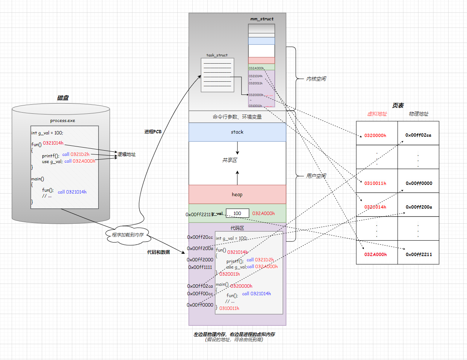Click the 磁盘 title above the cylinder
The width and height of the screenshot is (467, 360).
(63, 98)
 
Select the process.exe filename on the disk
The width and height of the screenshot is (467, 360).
(62, 121)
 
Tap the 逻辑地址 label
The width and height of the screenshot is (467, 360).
(126, 154)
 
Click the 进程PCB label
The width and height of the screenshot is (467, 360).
(153, 132)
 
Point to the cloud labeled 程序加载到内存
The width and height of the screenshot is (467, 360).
(128, 235)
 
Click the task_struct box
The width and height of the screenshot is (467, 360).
(218, 75)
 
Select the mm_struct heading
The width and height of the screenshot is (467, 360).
(262, 19)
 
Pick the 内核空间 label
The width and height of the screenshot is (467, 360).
(316, 79)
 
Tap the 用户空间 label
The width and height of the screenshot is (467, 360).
(316, 176)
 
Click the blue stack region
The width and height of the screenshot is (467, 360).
(237, 132)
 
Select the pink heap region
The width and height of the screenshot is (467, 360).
(237, 194)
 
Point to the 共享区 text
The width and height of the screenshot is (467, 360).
(230, 160)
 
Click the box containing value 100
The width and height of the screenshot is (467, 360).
(237, 214)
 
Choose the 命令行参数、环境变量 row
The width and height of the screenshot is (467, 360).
(237, 117)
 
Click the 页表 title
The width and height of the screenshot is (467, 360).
(398, 105)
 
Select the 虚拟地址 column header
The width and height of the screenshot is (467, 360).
(377, 114)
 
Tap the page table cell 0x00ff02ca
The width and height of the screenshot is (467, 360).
(418, 135)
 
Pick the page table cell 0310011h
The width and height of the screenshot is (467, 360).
(375, 183)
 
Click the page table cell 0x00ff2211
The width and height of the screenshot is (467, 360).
(418, 255)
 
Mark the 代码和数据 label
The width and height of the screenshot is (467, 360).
(158, 252)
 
